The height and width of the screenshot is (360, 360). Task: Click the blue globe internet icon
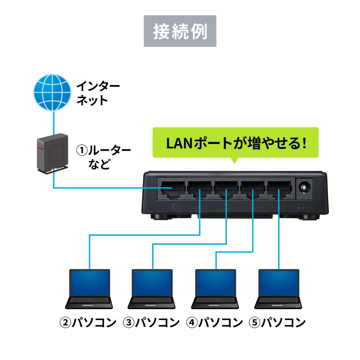click(53, 93)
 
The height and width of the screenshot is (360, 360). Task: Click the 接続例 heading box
click(180, 31)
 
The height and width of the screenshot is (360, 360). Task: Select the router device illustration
click(51, 154)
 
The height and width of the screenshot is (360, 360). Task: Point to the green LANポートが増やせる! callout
click(235, 143)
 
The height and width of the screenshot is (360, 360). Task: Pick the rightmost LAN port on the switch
click(279, 188)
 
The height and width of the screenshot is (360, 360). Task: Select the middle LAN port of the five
click(226, 188)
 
